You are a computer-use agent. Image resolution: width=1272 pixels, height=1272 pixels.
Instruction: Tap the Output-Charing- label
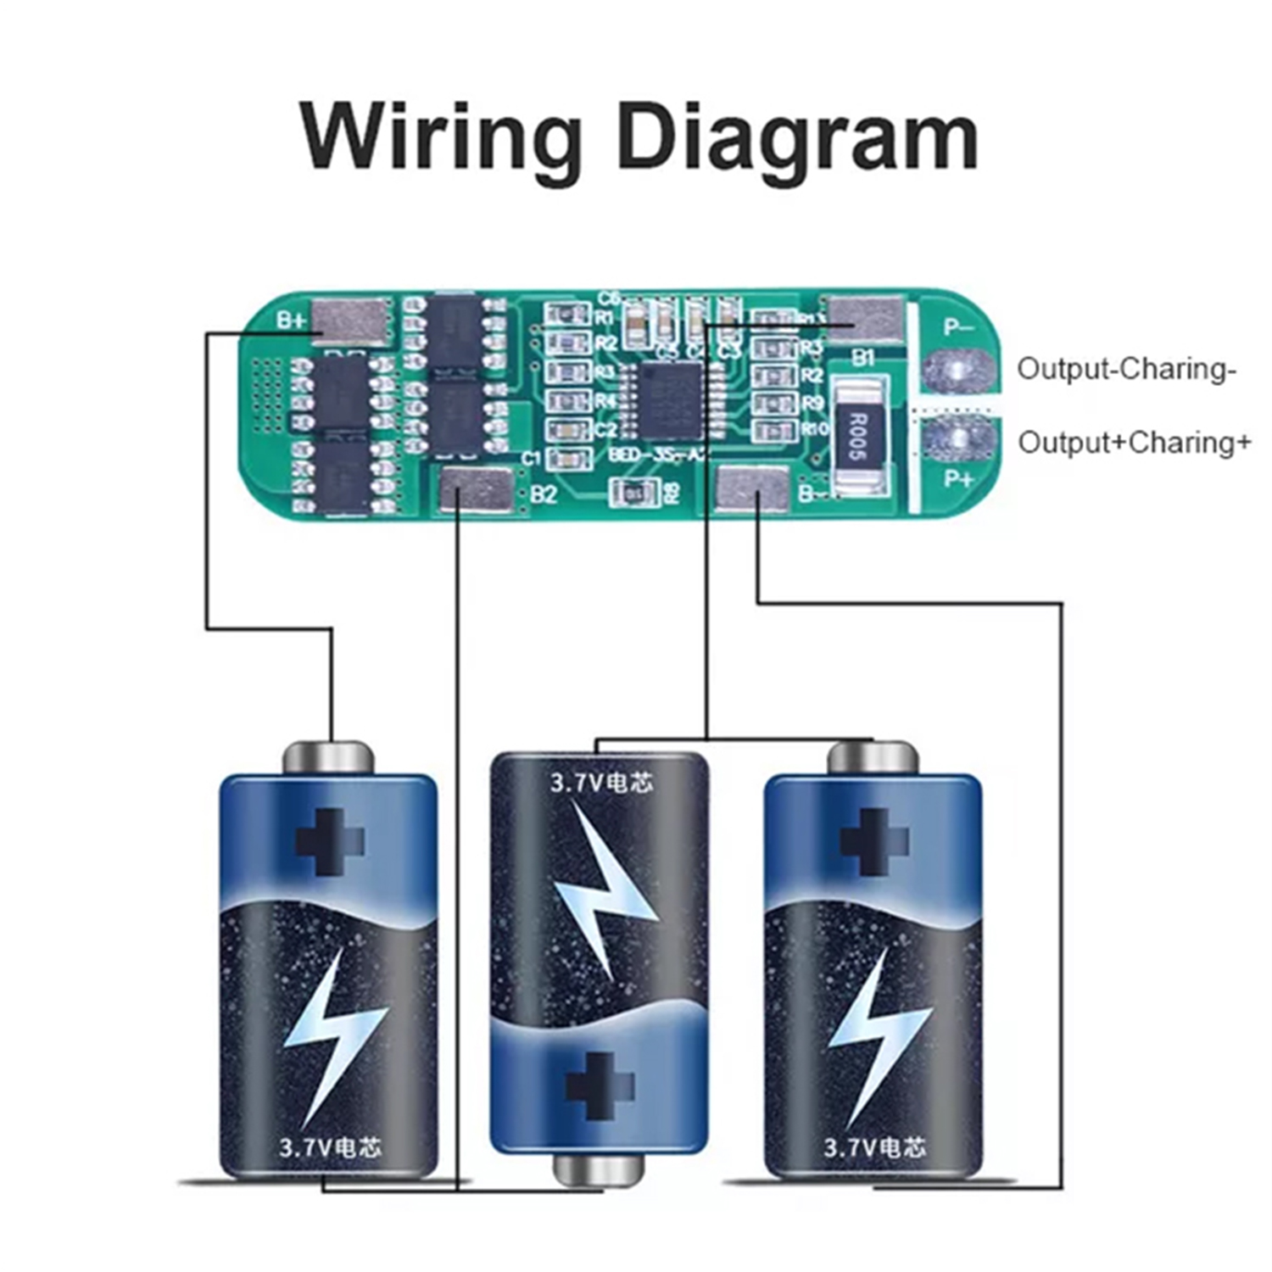pos(1126,370)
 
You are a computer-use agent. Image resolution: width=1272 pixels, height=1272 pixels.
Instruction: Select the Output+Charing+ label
pos(1134,443)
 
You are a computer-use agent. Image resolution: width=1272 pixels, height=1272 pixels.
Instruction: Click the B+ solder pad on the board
pos(352,321)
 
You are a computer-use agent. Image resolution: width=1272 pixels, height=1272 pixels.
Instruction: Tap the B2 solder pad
pos(477,489)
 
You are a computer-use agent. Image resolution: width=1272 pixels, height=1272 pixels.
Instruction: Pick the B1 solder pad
pos(863,320)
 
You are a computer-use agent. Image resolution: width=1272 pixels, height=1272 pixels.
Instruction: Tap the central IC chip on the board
pos(671,399)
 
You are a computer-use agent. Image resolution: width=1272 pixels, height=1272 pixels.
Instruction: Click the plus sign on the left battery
pos(329,841)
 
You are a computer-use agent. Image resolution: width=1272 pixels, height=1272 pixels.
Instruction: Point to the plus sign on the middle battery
pos(600,1085)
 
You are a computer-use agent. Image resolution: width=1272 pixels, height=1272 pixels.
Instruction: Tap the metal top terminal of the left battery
pos(328,756)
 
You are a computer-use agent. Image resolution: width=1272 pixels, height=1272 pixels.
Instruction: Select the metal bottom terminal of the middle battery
pos(599,1170)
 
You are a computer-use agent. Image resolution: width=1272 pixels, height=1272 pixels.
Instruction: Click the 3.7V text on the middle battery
pos(576,782)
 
